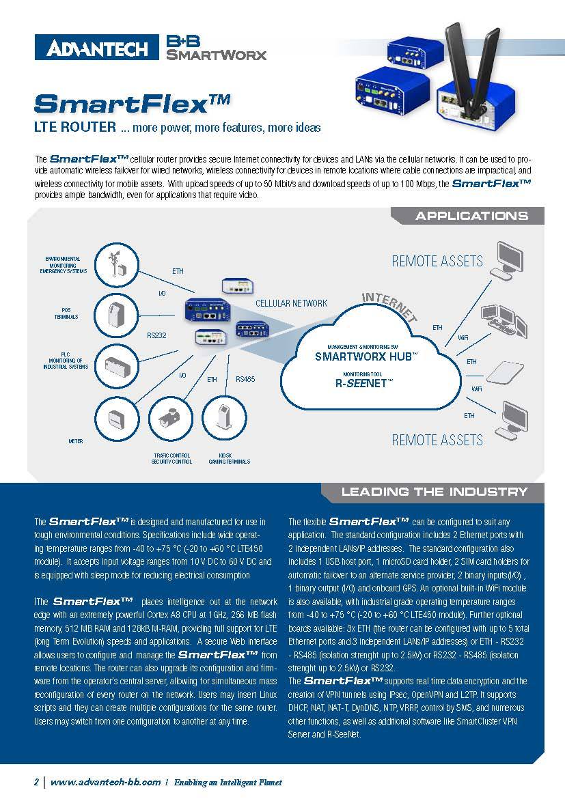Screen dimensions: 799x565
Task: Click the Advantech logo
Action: pyautogui.click(x=96, y=48)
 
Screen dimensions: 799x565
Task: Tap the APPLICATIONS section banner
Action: pyautogui.click(x=471, y=216)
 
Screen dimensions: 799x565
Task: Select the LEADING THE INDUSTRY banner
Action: pyautogui.click(x=434, y=492)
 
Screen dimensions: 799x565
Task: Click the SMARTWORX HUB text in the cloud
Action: pyautogui.click(x=366, y=356)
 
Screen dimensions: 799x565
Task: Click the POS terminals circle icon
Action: pyautogui.click(x=113, y=313)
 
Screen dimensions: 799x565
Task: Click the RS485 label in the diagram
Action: pyautogui.click(x=245, y=379)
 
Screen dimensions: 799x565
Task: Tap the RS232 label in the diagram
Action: pyautogui.click(x=157, y=335)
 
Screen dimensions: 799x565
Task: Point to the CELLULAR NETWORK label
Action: pyautogui.click(x=291, y=303)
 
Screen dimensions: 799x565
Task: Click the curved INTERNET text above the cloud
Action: pyautogui.click(x=389, y=305)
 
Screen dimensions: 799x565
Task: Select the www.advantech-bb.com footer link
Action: pyautogui.click(x=106, y=782)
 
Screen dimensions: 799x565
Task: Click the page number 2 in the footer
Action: pyautogui.click(x=37, y=782)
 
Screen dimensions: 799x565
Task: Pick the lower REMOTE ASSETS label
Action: pyautogui.click(x=437, y=440)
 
